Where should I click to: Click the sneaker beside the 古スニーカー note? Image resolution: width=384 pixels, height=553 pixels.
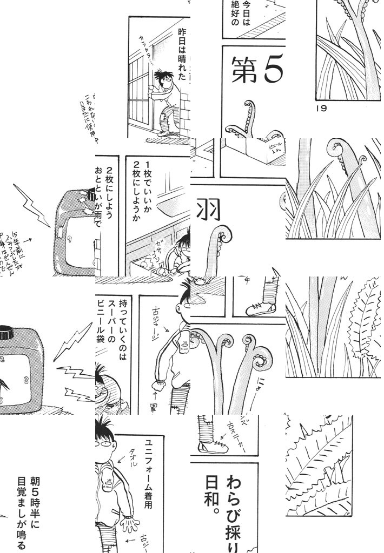(x=213, y=446)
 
